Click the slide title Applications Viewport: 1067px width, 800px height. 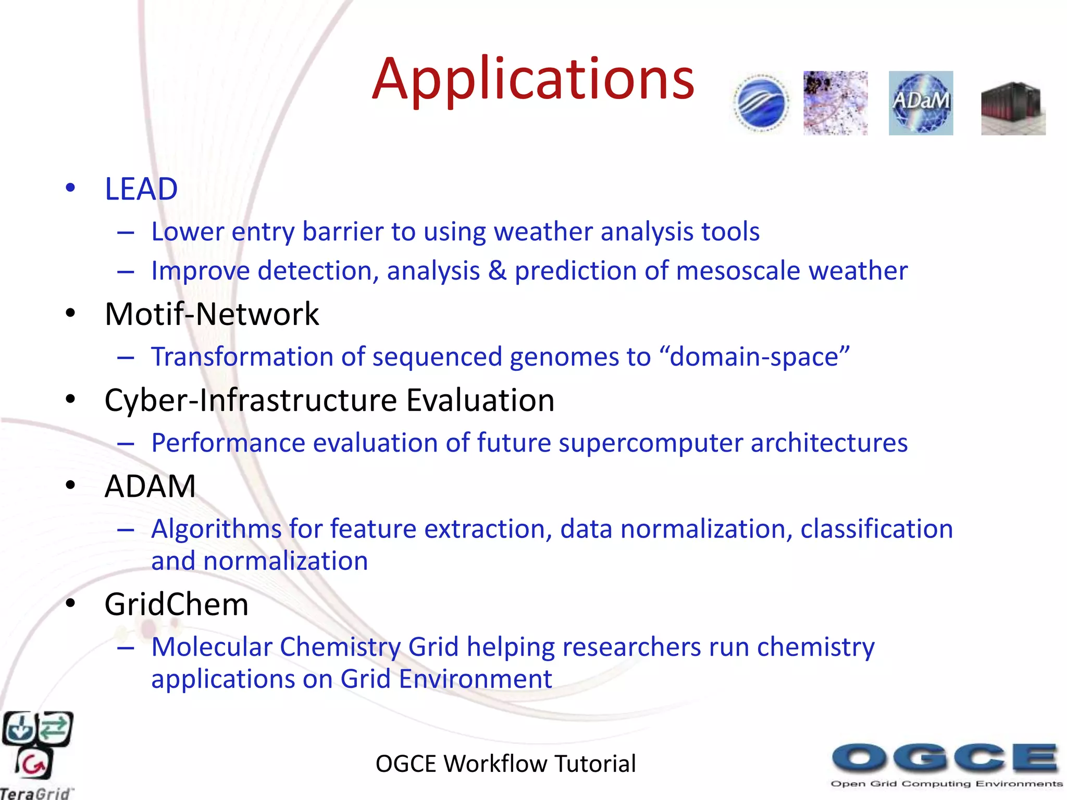pos(533,79)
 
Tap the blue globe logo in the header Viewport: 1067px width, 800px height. pos(761,103)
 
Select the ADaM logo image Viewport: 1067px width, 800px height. pos(921,103)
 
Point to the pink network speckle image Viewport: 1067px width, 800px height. pos(835,103)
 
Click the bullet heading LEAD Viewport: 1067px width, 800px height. pos(141,189)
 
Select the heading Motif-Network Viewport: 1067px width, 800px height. pos(212,314)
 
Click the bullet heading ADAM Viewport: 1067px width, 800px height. pos(150,486)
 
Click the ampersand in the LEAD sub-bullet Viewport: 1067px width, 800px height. pos(498,271)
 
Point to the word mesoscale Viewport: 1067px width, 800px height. pos(738,271)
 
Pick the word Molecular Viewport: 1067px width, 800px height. pos(212,647)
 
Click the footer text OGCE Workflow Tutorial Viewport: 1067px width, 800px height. pos(505,764)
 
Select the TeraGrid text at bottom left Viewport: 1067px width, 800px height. pos(35,793)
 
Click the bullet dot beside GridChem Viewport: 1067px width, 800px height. pos(70,603)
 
